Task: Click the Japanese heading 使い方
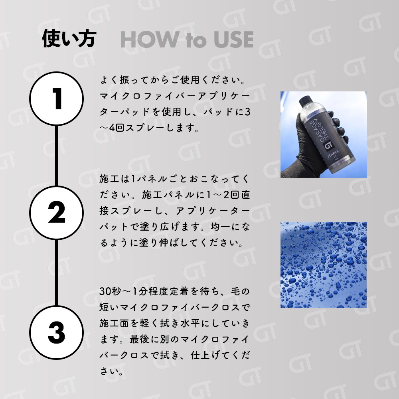[69, 39]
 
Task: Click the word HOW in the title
[149, 39]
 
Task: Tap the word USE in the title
[233, 39]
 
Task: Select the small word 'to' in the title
[196, 40]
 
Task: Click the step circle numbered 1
[57, 99]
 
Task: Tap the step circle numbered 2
[57, 213]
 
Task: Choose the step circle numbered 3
[57, 332]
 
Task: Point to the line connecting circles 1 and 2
[57, 156]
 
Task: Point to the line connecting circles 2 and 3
[57, 273]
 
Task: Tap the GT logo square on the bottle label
[328, 146]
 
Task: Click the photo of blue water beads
[324, 265]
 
